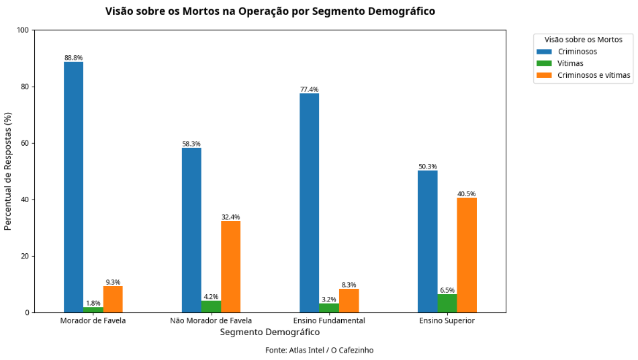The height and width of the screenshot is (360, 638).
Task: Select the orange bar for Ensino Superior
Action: (x=467, y=255)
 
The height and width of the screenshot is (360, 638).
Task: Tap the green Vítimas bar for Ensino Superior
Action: (x=447, y=304)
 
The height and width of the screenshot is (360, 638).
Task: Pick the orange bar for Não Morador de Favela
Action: (x=231, y=267)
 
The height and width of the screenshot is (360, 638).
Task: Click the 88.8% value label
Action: (x=74, y=58)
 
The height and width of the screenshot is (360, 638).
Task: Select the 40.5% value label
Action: (x=467, y=194)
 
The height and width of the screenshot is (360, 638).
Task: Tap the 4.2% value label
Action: (x=211, y=296)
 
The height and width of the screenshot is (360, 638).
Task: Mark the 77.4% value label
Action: (x=310, y=90)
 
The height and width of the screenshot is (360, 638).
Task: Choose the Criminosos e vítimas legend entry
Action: (x=594, y=76)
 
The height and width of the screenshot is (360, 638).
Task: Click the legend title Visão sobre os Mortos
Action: (x=583, y=40)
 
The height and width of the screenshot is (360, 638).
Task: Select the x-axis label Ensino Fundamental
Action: (x=329, y=321)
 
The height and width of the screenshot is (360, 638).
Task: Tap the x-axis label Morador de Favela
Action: (x=93, y=321)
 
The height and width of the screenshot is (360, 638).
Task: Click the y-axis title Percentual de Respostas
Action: (x=9, y=171)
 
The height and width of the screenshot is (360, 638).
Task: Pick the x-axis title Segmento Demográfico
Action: (x=270, y=332)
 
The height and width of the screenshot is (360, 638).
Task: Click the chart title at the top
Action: (x=270, y=11)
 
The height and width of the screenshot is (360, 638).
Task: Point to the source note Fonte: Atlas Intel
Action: (x=319, y=351)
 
